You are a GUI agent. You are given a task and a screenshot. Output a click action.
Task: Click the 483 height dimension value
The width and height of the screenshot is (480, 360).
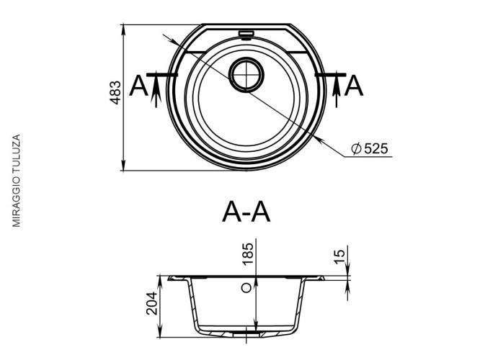(116, 92)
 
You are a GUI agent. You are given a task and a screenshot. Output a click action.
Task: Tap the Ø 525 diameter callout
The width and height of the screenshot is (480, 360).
(370, 148)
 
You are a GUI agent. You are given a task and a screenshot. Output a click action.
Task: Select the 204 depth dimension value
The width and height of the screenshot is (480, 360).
(151, 303)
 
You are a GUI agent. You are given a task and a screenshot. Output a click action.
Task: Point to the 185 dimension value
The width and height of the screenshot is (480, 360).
(247, 253)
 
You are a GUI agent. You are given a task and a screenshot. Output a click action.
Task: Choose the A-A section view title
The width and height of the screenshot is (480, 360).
(246, 212)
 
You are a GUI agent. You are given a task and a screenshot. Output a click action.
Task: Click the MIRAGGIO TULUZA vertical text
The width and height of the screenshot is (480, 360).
(17, 181)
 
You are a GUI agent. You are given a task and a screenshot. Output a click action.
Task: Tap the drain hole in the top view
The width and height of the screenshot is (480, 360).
(246, 74)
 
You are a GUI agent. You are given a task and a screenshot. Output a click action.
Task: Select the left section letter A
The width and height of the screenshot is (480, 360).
(138, 86)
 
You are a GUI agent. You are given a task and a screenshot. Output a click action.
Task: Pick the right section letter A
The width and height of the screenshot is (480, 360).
(354, 86)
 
